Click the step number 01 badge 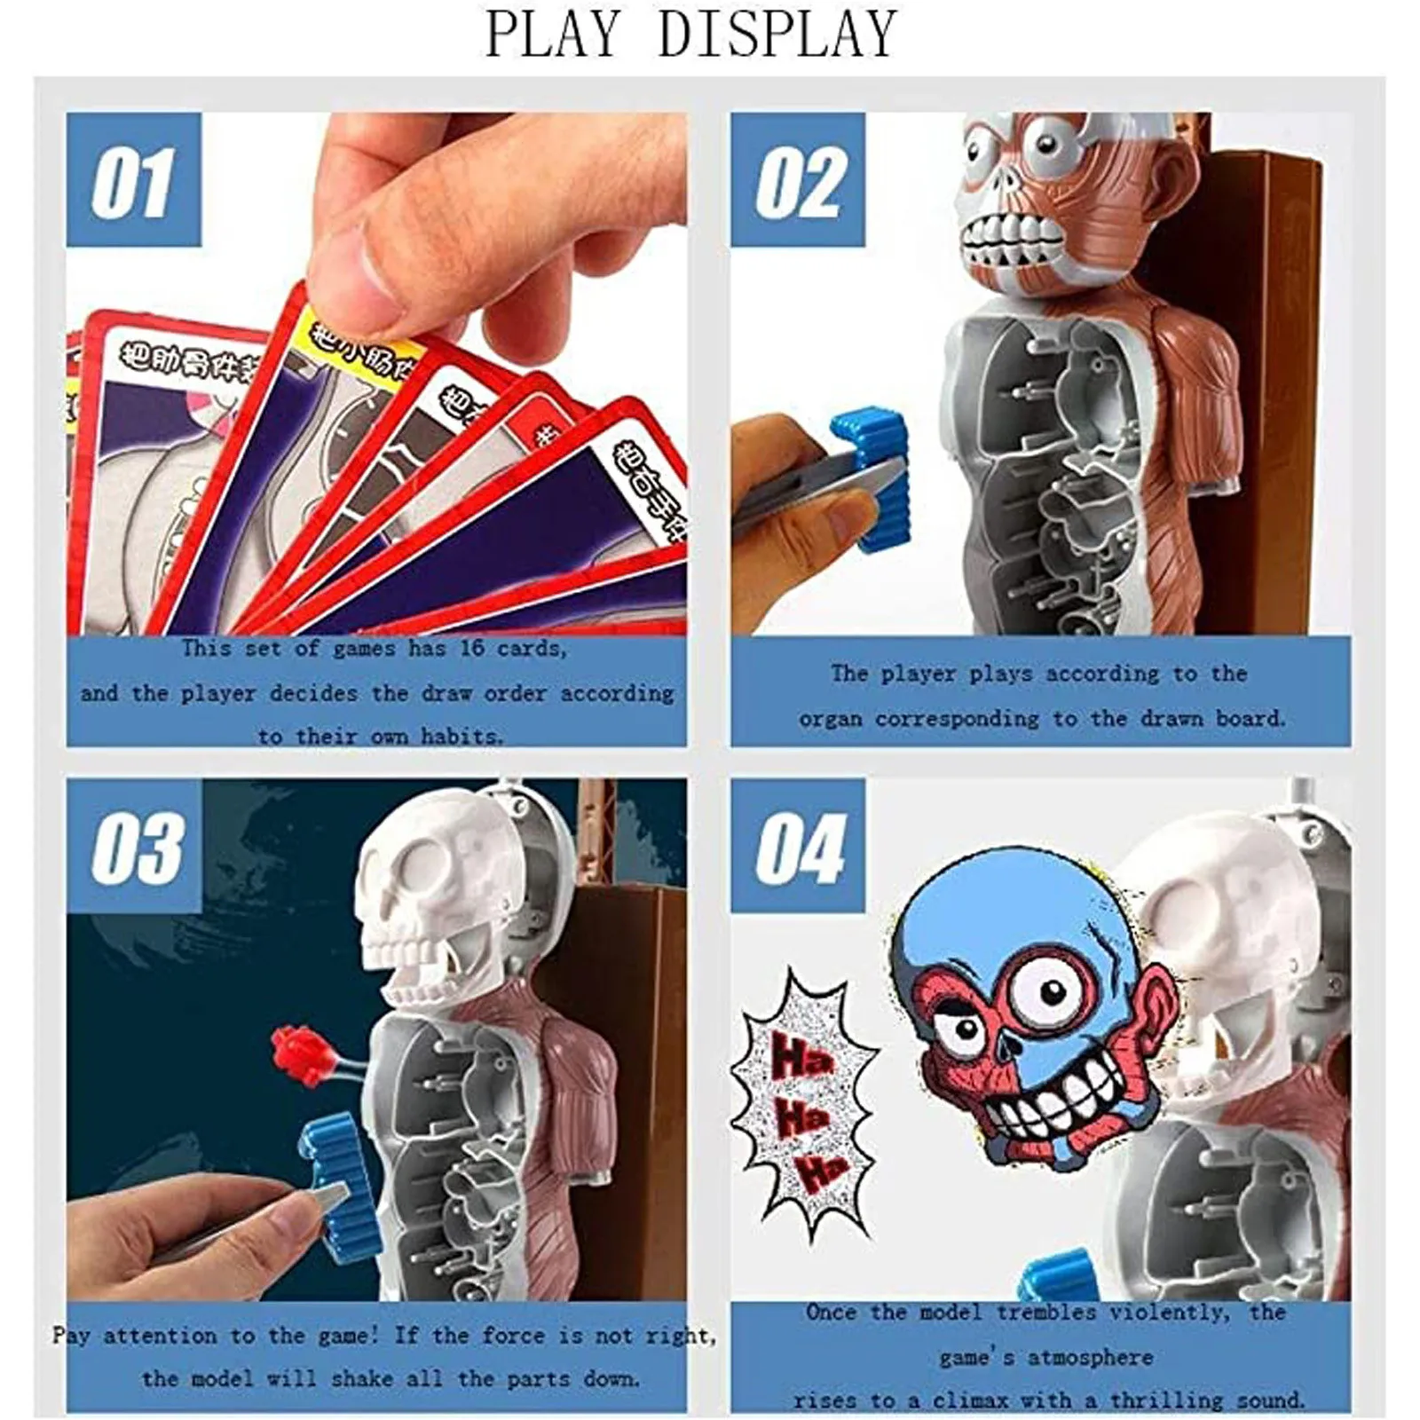click(x=133, y=180)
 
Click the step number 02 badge click(x=797, y=180)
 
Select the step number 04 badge click(x=797, y=848)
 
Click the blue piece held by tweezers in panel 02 click(x=874, y=479)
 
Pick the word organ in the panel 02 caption click(x=830, y=719)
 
